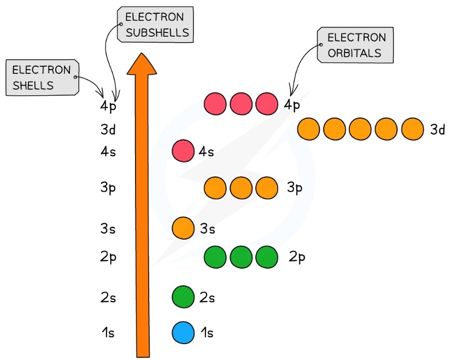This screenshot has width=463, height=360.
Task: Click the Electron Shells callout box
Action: pyautogui.click(x=42, y=78)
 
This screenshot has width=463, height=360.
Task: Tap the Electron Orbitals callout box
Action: pyautogui.click(x=356, y=45)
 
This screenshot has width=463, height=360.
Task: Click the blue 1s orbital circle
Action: pyautogui.click(x=183, y=333)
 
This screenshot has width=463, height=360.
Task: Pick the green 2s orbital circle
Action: pyautogui.click(x=183, y=298)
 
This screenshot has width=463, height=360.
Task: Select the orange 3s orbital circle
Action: pyautogui.click(x=183, y=228)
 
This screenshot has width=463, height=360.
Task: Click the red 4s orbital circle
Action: pyautogui.click(x=183, y=151)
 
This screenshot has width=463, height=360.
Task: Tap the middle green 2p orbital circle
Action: pyautogui.click(x=241, y=257)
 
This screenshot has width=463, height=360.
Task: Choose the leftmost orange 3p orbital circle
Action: pyautogui.click(x=215, y=188)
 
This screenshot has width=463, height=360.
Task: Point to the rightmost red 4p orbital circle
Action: pyautogui.click(x=267, y=104)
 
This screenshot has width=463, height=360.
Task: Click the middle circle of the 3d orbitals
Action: pyautogui.click(x=360, y=129)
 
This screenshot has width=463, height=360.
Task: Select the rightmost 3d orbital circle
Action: pyautogui.click(x=412, y=129)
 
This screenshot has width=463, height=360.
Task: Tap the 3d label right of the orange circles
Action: pyautogui.click(x=438, y=130)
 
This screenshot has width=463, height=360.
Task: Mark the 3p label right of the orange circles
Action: pyautogui.click(x=295, y=188)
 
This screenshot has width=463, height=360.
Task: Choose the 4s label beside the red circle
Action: pyautogui.click(x=206, y=152)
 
